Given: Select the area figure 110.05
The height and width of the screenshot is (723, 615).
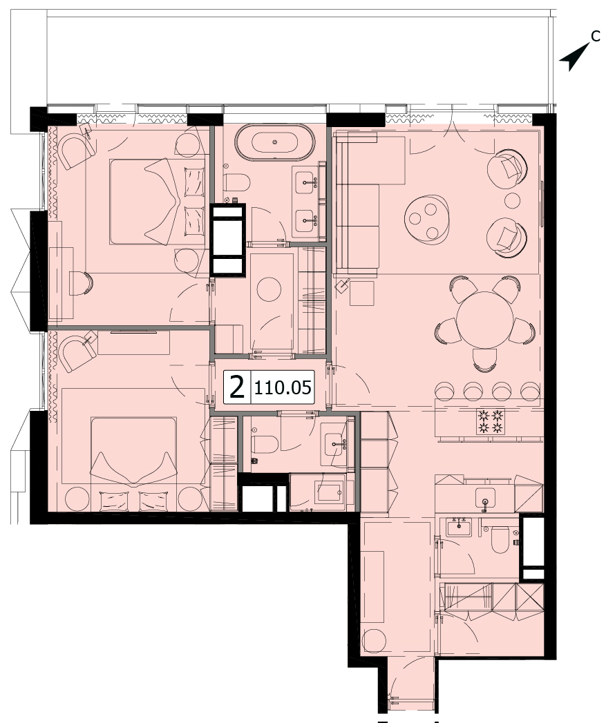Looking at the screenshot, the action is click(283, 387).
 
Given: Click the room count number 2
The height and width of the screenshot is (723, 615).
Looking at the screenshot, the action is click(237, 387).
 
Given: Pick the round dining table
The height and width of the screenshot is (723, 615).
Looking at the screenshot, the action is click(484, 320).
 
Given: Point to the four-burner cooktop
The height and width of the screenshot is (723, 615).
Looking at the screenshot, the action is click(490, 421).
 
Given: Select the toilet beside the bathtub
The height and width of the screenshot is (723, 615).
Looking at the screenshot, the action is click(237, 182).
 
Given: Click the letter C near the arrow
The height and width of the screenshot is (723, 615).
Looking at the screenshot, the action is click(596, 36).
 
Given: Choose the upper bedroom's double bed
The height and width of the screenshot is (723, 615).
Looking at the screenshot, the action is click(157, 202).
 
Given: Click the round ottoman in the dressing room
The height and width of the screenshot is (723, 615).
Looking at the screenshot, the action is click(269, 289).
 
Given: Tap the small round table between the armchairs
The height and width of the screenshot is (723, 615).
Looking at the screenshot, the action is click(512, 200).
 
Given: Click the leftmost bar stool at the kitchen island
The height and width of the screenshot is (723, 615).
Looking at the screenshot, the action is click(444, 391).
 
